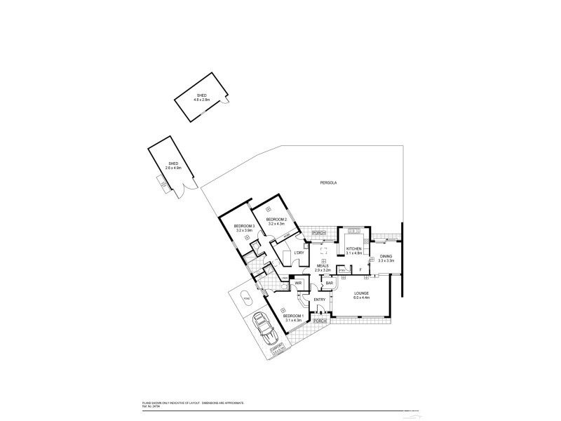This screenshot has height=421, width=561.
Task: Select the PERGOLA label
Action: tap(329, 182)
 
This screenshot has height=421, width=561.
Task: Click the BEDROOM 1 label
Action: tap(293, 316)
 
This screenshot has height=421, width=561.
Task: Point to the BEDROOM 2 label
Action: tap(276, 220)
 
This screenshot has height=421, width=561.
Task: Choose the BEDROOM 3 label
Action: tap(244, 226)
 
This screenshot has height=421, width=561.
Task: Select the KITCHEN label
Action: tap(354, 249)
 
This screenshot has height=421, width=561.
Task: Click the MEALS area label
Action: tap(322, 266)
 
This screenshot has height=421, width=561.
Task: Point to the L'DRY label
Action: tap(299, 253)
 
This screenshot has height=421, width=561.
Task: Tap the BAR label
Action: tap(329, 283)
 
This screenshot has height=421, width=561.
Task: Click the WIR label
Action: tap(298, 283)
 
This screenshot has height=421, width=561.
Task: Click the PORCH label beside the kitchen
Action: tap(319, 232)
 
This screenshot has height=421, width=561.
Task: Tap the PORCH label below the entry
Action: tap(320, 321)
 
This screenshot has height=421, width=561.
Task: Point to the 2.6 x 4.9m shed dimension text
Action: tap(173, 168)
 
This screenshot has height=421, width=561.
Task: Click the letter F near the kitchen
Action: tap(360, 269)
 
